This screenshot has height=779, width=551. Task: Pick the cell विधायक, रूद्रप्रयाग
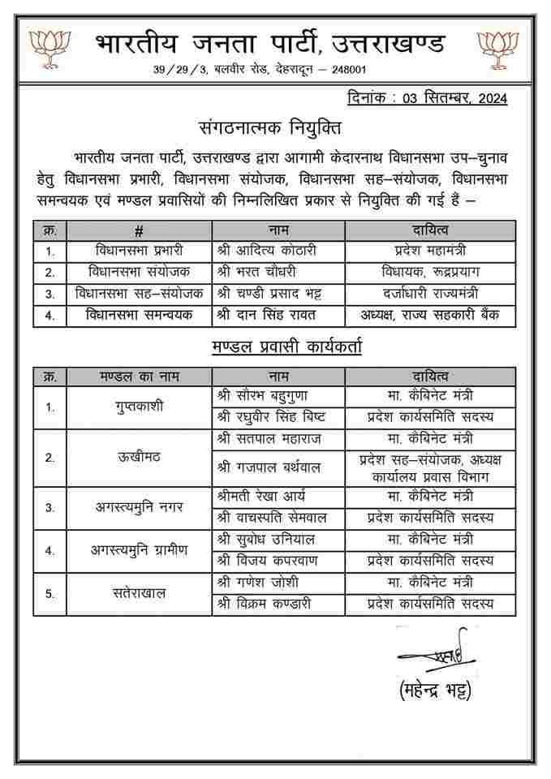click(430, 272)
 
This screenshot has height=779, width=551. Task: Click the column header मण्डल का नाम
click(139, 376)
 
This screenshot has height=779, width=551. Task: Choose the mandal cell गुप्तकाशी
click(139, 406)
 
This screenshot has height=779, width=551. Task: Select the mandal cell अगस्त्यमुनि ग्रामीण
click(139, 549)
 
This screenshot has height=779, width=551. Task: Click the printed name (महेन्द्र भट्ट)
click(435, 691)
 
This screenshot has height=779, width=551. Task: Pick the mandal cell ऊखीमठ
click(139, 456)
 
